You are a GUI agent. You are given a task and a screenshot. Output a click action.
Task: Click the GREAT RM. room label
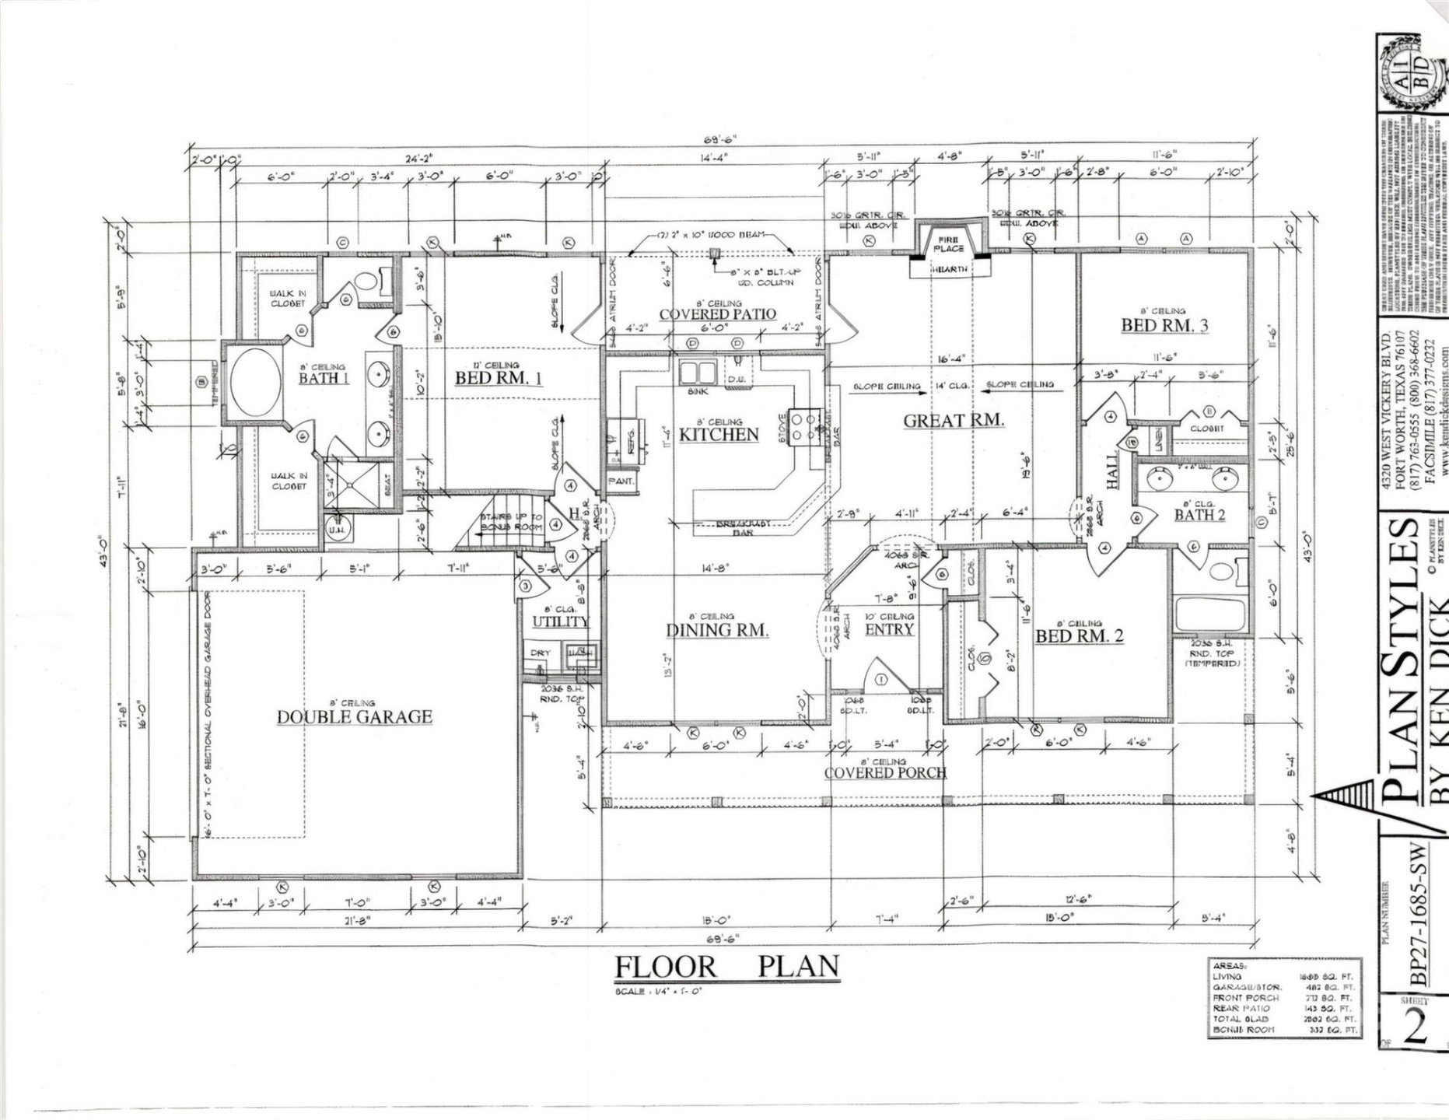tap(953, 421)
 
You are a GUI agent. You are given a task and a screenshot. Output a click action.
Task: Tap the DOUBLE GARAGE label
tap(355, 716)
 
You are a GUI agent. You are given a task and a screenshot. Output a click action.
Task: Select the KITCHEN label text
tap(719, 434)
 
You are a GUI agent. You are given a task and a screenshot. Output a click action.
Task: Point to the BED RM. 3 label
tap(1164, 325)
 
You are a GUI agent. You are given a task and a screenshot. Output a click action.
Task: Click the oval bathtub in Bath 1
tap(254, 382)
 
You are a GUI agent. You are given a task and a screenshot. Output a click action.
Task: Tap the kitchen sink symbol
tap(697, 372)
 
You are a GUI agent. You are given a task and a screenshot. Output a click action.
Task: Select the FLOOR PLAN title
tap(727, 967)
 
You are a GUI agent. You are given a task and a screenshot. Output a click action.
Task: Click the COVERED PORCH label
tap(885, 772)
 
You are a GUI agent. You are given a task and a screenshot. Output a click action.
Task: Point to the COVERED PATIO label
tap(717, 314)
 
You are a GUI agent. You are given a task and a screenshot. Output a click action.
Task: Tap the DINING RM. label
tap(717, 630)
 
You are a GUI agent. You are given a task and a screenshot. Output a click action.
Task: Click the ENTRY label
tap(889, 629)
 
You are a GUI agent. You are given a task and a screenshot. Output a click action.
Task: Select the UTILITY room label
tap(560, 621)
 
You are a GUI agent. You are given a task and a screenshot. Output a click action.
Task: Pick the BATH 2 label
tap(1199, 515)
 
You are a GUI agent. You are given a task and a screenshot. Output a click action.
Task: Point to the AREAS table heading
tap(1228, 965)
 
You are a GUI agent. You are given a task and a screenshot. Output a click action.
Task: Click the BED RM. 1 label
tap(498, 378)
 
